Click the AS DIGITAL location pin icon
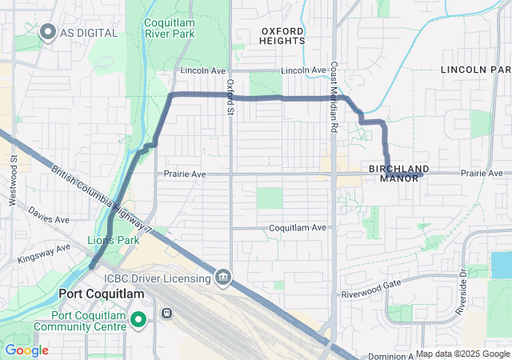(47, 33)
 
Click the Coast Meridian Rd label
(334, 98)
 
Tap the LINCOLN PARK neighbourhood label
(475, 70)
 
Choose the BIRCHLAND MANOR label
(399, 173)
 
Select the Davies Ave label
(48, 215)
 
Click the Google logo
(26, 350)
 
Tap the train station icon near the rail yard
(167, 314)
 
